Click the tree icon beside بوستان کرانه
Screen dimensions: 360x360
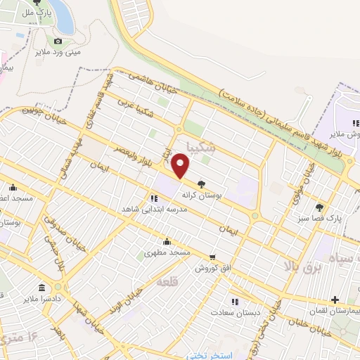(202, 184)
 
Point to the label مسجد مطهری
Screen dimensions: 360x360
(167, 251)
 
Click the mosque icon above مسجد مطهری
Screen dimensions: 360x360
(167, 241)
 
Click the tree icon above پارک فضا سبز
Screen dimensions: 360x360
(320, 207)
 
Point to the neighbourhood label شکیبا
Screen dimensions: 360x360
(205, 147)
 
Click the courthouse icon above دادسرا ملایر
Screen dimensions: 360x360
(42, 288)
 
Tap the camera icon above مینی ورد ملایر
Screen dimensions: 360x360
(58, 41)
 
